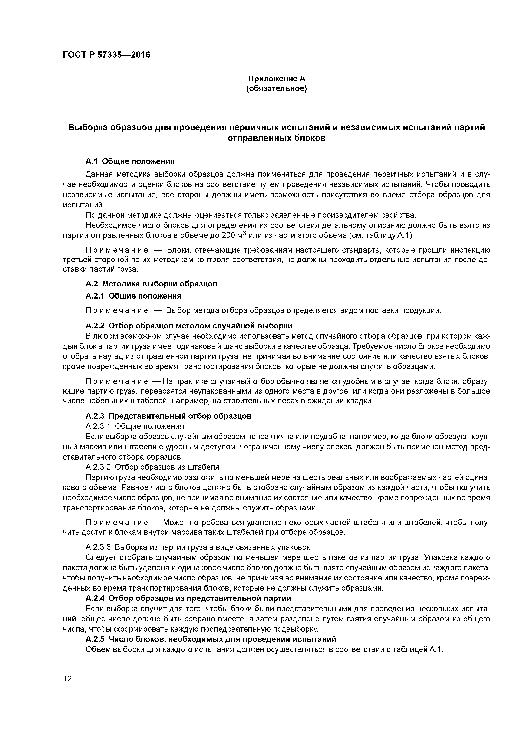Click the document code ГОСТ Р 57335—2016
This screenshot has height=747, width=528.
point(106,55)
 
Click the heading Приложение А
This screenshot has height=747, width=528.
point(277,79)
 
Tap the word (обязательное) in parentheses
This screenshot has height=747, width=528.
point(277,89)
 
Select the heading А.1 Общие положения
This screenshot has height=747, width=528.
point(130,161)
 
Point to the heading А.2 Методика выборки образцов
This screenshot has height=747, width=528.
point(152,284)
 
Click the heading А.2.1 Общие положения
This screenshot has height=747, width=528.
point(133,296)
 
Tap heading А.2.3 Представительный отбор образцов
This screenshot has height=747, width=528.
point(169,416)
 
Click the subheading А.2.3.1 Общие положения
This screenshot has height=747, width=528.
point(135,426)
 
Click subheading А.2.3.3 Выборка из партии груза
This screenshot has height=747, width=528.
point(198,547)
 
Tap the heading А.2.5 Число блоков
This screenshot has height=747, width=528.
point(211,639)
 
